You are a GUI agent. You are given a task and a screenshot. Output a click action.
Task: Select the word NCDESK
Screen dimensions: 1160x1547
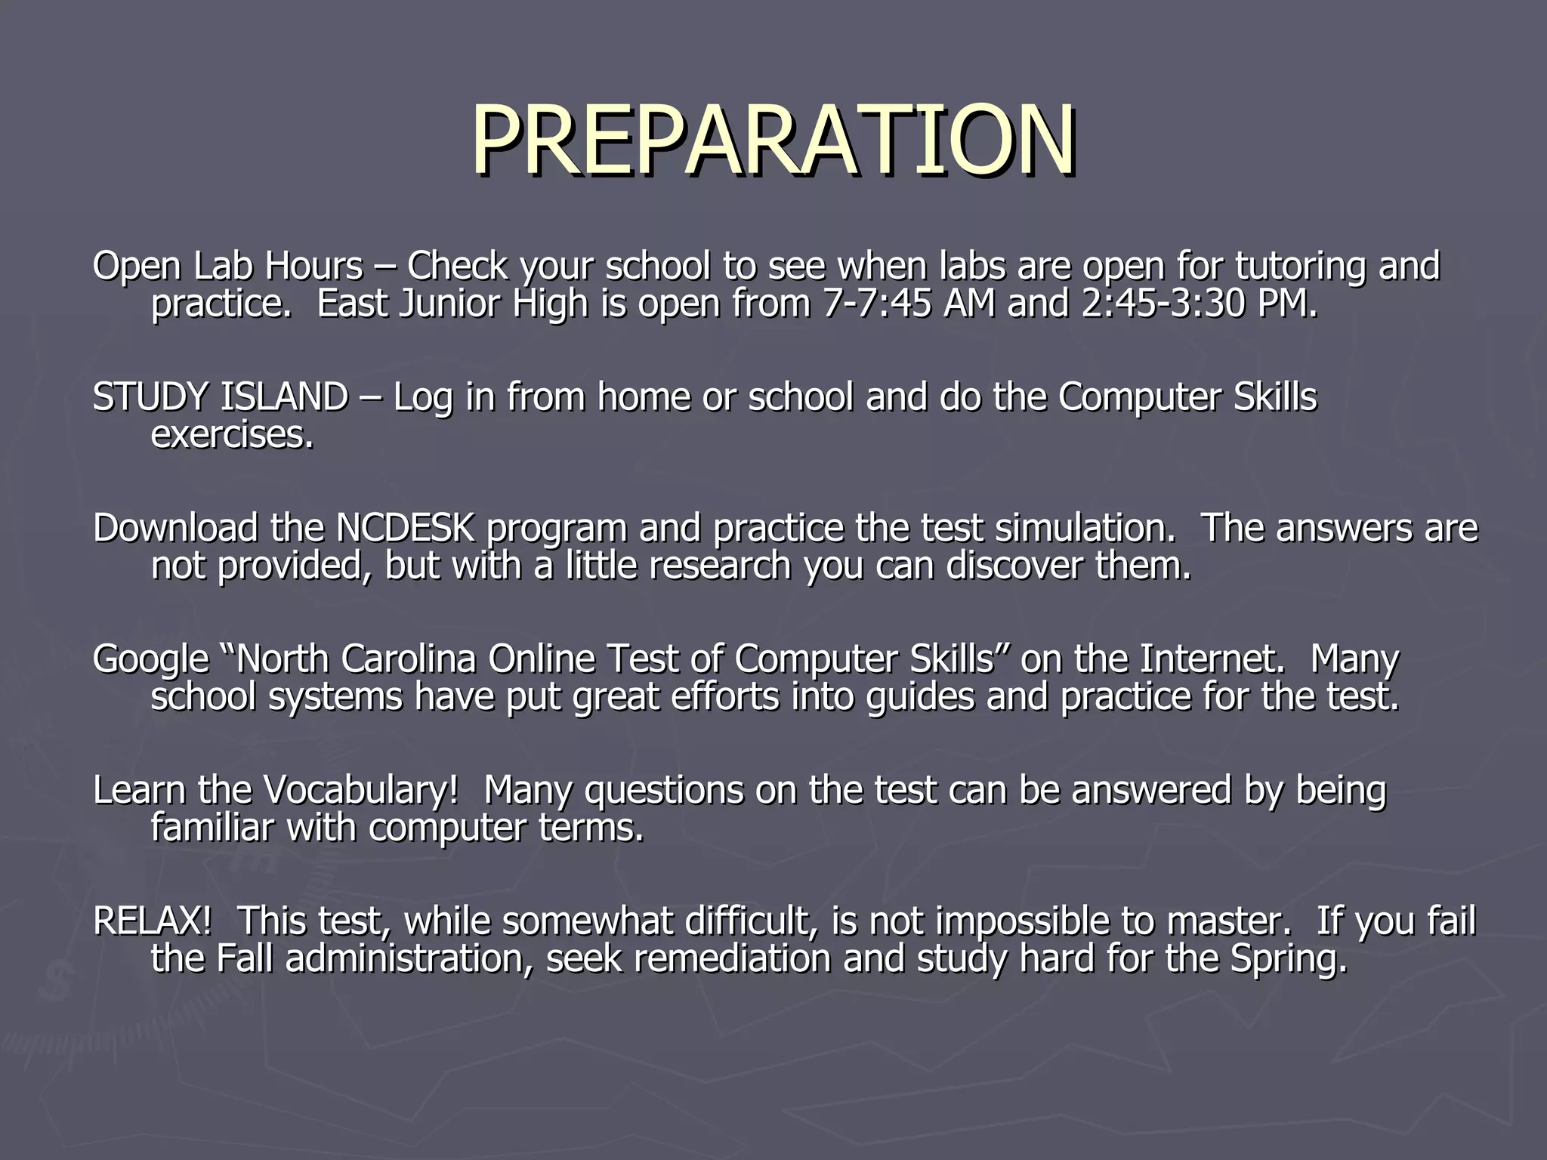pos(405,528)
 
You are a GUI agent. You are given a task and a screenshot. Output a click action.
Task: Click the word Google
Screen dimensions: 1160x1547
pos(150,660)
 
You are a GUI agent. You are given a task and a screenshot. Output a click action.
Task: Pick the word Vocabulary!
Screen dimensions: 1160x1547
pos(361,791)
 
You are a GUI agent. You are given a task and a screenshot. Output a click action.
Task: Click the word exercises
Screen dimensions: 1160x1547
pos(230,435)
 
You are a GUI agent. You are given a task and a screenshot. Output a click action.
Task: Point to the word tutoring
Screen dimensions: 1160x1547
pos(1300,267)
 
